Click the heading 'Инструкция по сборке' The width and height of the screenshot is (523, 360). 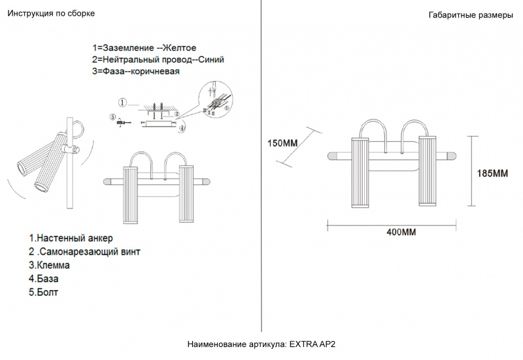[51, 14]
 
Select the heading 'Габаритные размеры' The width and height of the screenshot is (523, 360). [471, 15]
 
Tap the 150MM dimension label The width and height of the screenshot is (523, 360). [282, 143]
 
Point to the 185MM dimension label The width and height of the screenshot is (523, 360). [492, 173]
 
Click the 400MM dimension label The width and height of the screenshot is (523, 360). [401, 232]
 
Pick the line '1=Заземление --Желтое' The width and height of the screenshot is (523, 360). [144, 48]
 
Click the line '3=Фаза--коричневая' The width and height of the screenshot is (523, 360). [136, 71]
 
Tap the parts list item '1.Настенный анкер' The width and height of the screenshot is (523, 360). [71, 238]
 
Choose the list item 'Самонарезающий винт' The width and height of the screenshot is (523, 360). [90, 252]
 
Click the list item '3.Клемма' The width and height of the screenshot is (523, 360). [50, 265]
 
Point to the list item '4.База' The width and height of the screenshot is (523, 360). [44, 279]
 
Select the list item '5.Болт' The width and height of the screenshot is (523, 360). [43, 292]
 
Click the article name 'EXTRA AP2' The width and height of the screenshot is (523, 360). [312, 344]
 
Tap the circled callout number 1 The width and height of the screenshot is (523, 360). [123, 103]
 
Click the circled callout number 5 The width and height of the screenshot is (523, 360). [112, 117]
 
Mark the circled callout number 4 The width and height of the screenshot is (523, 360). [182, 128]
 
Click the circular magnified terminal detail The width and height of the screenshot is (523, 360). [216, 100]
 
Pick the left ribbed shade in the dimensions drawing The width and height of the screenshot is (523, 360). [360, 172]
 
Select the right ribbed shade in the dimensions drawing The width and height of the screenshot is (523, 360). [428, 171]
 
